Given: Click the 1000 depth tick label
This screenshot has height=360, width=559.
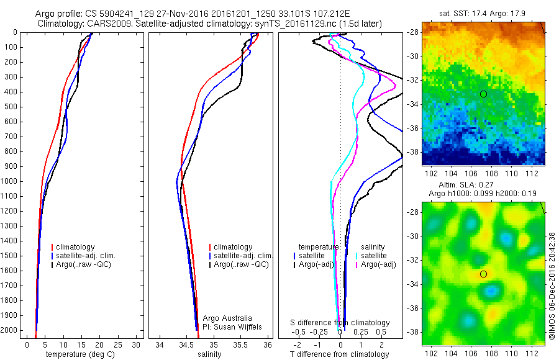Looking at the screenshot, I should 9,181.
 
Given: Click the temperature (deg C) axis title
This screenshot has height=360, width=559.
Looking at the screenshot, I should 78,354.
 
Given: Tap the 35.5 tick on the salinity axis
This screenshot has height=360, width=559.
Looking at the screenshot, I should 241,344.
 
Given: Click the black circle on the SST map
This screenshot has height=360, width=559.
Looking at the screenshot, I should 483,94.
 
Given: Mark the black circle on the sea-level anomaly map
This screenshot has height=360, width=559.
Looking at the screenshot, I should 483,274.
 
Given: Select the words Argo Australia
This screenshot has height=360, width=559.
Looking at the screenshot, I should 227,318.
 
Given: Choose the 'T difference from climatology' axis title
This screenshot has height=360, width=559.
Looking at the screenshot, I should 339,354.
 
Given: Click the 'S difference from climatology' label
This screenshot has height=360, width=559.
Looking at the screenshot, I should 340,323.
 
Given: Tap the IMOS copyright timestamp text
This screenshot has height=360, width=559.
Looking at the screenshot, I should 553,286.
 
